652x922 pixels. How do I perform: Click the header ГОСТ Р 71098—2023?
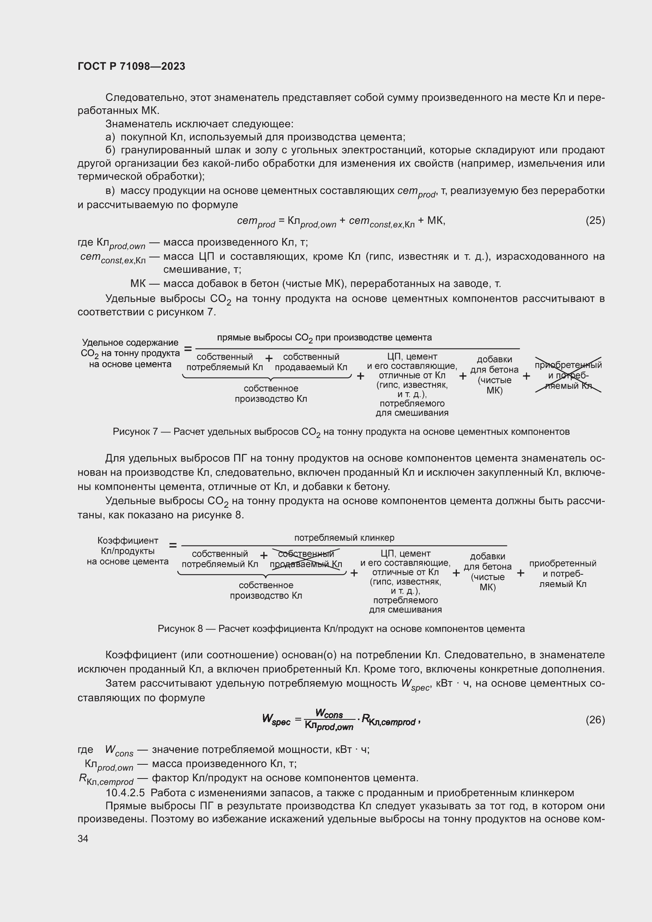click(x=131, y=66)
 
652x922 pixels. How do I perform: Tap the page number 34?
click(x=83, y=838)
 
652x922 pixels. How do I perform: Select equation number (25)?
click(x=595, y=220)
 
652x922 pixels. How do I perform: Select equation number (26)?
click(x=595, y=720)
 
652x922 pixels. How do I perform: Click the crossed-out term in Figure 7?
click(x=568, y=375)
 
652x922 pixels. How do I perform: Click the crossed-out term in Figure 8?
click(x=306, y=559)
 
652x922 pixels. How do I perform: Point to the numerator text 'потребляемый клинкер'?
click(x=344, y=537)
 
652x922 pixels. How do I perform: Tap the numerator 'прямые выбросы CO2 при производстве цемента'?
click(x=324, y=338)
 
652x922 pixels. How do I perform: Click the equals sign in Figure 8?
click(x=173, y=545)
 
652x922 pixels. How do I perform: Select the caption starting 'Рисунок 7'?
click(x=341, y=432)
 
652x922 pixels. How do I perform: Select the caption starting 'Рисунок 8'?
click(x=341, y=629)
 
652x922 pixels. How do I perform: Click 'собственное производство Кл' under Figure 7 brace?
click(x=270, y=393)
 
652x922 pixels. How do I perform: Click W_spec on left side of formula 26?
click(x=276, y=719)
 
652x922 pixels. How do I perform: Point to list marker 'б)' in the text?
click(x=110, y=150)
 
